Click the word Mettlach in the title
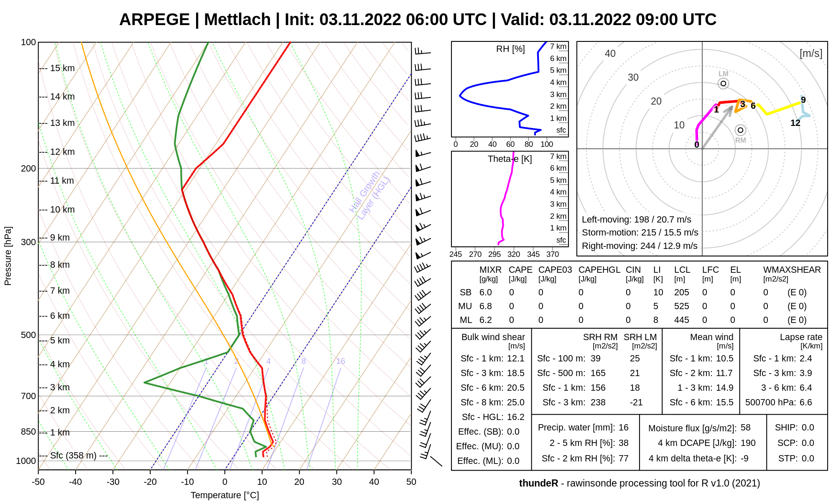237,20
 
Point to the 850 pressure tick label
28,432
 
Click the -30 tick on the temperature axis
113,482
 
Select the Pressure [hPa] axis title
8,256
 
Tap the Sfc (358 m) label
73,456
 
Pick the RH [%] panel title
510,49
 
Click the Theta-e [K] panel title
510,159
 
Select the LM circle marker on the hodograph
723,83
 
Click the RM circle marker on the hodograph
740,130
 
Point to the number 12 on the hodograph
795,123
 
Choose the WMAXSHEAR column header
792,270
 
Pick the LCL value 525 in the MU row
681,306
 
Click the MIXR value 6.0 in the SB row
485,292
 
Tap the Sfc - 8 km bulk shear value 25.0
515,402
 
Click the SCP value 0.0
808,443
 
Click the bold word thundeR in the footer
538,483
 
